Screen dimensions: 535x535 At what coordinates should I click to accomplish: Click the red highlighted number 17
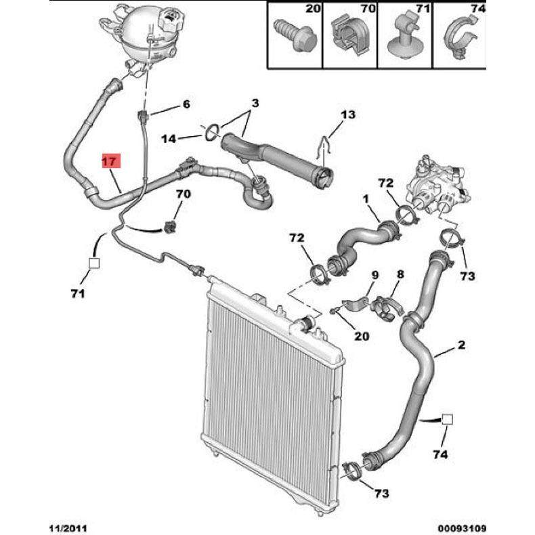tap(110, 161)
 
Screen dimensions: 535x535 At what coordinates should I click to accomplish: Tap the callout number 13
tap(347, 116)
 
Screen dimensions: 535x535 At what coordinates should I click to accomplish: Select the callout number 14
tap(169, 139)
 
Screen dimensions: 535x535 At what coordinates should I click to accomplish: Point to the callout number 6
tap(186, 104)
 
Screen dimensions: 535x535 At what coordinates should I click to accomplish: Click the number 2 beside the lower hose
tap(461, 345)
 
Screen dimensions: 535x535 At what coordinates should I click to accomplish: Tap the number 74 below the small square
tap(440, 455)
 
